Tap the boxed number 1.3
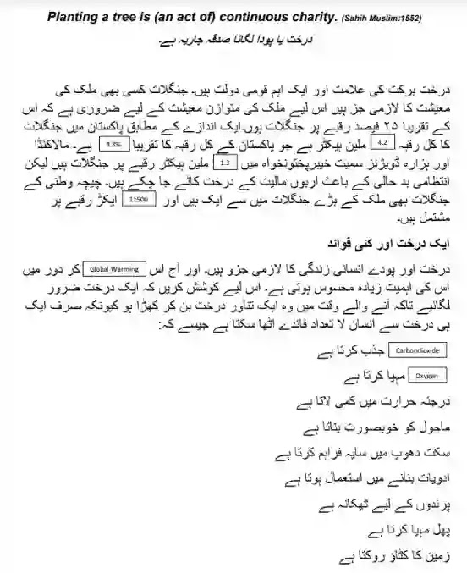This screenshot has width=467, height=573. pyautogui.click(x=224, y=182)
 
